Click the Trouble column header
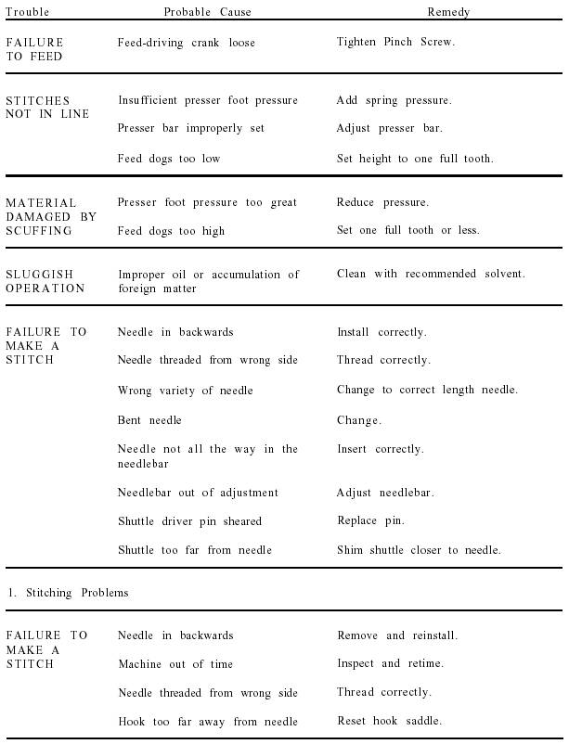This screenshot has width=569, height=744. coord(28,12)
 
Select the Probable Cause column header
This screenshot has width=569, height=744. coord(207,12)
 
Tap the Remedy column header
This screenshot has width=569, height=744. coord(448,12)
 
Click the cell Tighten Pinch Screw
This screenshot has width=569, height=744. coord(395,43)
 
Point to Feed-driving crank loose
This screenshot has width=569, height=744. coord(186,43)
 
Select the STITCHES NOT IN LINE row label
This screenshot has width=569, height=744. coord(47,107)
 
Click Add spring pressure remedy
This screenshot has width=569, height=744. coord(394,100)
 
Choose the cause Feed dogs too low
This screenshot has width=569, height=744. coord(169,159)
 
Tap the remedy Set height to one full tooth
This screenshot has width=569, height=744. coord(415,159)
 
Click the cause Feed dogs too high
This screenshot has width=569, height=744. coord(171,231)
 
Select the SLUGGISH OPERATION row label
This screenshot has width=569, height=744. coord(45,281)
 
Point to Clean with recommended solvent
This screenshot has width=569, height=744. coord(431,274)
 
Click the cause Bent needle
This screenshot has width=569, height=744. coord(149,420)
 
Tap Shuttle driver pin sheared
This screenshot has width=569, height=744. coord(189,521)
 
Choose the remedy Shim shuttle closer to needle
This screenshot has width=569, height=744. coord(419,550)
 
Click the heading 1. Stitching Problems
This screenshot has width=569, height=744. coord(67,593)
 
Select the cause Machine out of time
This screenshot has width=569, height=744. coord(175,664)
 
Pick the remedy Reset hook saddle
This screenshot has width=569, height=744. coord(389,721)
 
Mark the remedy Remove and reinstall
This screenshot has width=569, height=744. coord(397,635)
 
